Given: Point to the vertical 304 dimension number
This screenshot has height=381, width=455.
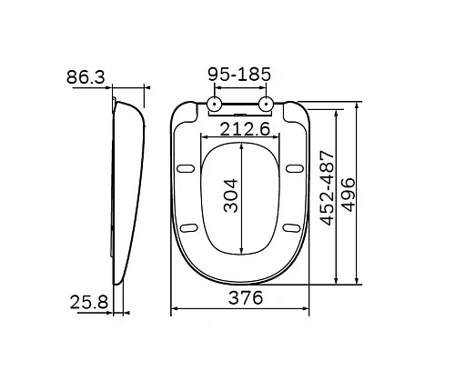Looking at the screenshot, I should (x=233, y=195).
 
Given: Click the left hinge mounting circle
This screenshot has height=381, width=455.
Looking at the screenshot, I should (x=214, y=105).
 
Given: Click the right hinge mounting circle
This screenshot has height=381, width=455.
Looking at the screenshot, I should (x=268, y=105).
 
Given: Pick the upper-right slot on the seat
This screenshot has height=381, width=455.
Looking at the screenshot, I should (x=294, y=169).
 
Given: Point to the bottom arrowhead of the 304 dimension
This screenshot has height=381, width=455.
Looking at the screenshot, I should (x=241, y=252).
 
